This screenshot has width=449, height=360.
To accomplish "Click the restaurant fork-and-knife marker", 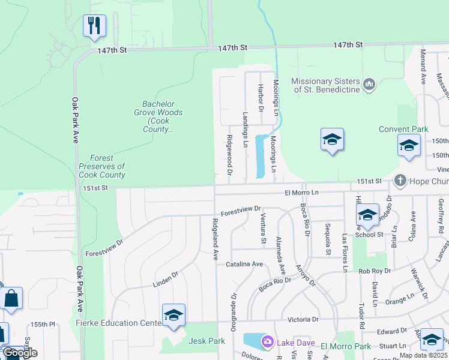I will pos(94,25).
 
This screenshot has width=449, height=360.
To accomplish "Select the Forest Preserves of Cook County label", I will pos(101,166).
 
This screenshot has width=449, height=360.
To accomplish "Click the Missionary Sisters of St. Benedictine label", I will pos(325,85).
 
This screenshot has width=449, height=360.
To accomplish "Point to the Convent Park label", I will pos(403,129).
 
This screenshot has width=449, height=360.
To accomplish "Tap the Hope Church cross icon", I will pos(400,181).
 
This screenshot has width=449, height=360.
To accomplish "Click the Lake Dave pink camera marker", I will pos(267,343).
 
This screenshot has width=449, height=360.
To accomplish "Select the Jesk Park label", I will pos(206,341).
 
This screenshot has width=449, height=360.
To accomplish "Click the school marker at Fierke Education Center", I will pos(173,314).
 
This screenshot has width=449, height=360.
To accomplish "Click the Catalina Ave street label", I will pos(244,264).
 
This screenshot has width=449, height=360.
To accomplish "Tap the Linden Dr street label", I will pos(167,279).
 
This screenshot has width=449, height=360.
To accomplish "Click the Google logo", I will pos(20,353).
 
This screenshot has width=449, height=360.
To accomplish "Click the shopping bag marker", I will pos(11,298).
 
